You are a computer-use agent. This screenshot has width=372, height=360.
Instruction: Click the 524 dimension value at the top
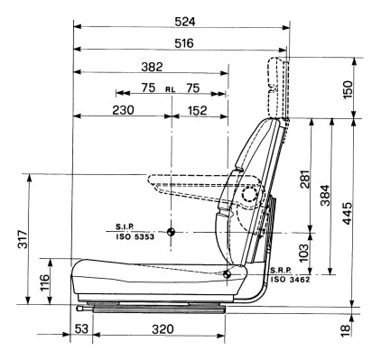(x=185, y=22)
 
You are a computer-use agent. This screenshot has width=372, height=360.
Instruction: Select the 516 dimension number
(x=184, y=43)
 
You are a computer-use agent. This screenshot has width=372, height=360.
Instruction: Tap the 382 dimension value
(x=152, y=67)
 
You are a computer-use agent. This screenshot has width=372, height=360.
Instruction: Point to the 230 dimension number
(x=123, y=110)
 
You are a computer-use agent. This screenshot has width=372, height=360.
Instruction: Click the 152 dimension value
(x=198, y=110)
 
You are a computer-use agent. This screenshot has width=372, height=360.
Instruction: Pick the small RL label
(x=171, y=89)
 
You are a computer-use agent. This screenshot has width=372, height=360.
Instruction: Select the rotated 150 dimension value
(x=347, y=90)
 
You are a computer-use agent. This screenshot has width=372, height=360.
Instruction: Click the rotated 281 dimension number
(x=305, y=180)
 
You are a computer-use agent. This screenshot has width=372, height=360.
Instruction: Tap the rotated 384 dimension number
(x=325, y=196)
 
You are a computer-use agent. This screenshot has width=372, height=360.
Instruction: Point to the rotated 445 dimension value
(x=347, y=213)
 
